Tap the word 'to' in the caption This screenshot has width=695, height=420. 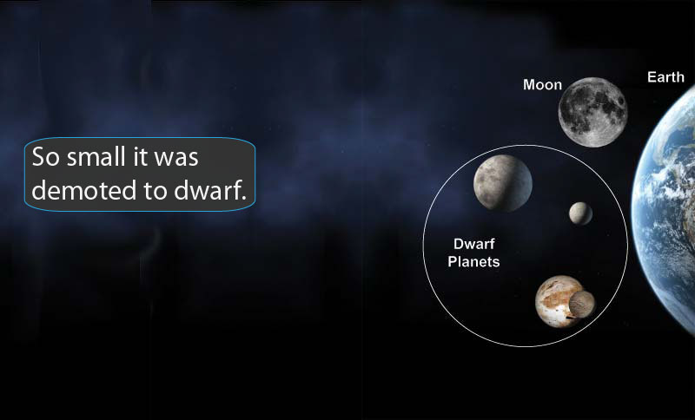click(142, 190)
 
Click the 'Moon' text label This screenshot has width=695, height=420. click(542, 85)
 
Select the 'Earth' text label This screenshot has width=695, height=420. click(665, 77)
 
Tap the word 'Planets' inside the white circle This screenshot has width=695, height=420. click(473, 261)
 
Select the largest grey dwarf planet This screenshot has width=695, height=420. click(502, 181)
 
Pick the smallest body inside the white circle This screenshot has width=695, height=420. click(580, 213)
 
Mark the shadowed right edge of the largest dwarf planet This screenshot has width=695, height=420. click(525, 184)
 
